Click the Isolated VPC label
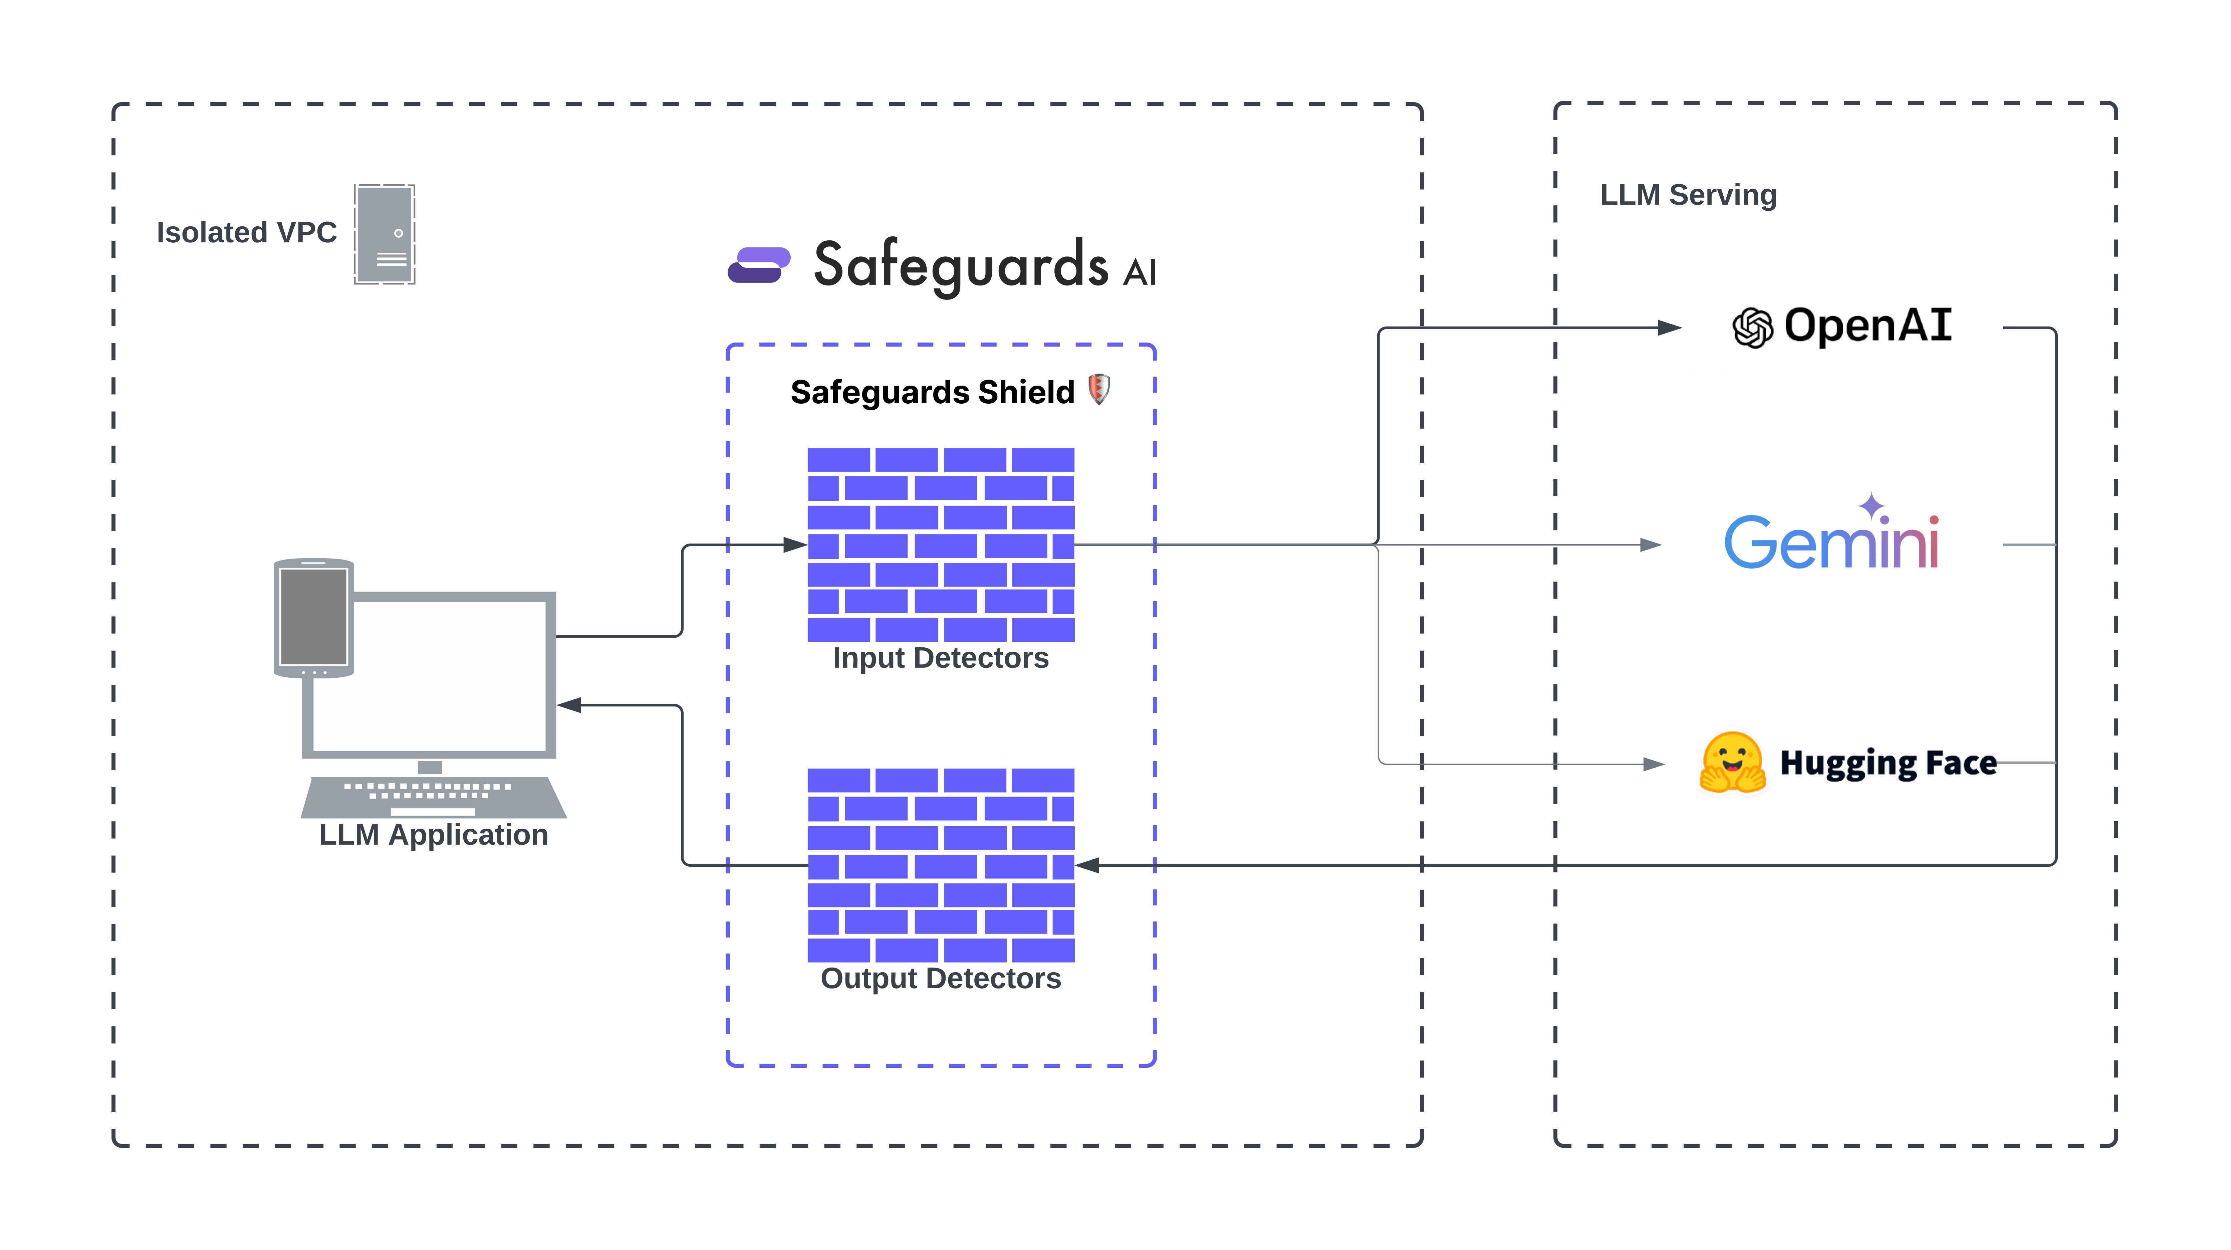pyautogui.click(x=246, y=232)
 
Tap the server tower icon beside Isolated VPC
pyautogui.click(x=385, y=234)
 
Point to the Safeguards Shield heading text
pyautogui.click(x=932, y=392)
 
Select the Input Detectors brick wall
pyautogui.click(x=941, y=544)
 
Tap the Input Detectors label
pyautogui.click(x=941, y=658)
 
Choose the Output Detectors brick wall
pyautogui.click(x=941, y=864)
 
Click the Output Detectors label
pyautogui.click(x=941, y=979)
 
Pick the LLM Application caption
pyautogui.click(x=433, y=835)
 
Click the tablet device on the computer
pyautogui.click(x=313, y=617)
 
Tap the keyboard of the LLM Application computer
pyautogui.click(x=433, y=795)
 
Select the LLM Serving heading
pyautogui.click(x=1688, y=195)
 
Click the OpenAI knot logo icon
pyautogui.click(x=1753, y=328)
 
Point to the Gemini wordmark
pyautogui.click(x=1832, y=542)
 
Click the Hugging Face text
pyautogui.click(x=1888, y=763)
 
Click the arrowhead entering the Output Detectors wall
pyautogui.click(x=1088, y=864)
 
